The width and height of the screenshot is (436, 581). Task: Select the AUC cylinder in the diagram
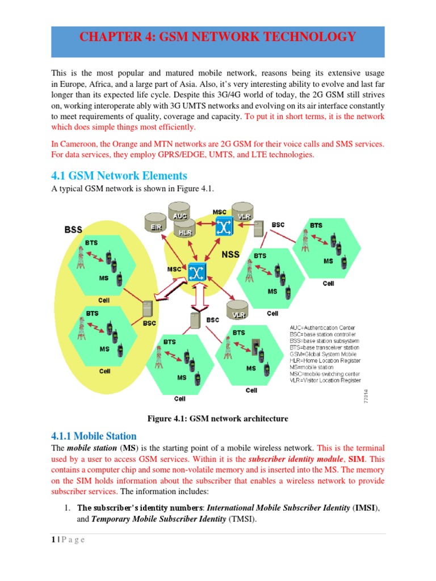coord(179,217)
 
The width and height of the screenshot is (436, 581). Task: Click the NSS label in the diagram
coord(230,255)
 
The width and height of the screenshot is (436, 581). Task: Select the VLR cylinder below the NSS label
coord(236,311)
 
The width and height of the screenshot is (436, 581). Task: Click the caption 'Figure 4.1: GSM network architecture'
coord(218,419)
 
